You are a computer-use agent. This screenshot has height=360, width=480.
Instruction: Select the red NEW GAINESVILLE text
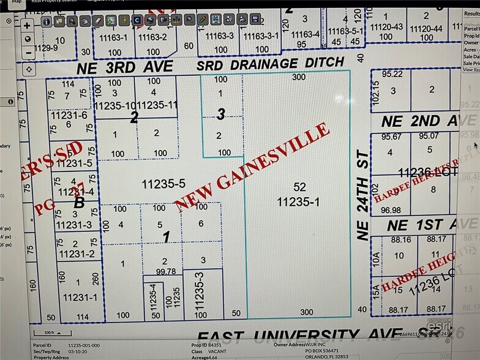(253, 166)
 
